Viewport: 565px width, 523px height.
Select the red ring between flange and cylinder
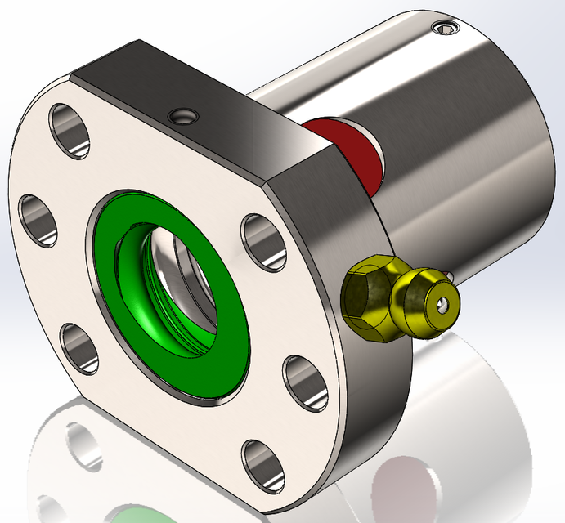click(x=352, y=147)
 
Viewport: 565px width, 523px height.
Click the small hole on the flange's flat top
click(x=182, y=117)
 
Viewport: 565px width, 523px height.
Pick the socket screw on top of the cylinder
click(x=446, y=29)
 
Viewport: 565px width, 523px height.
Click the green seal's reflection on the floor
click(x=135, y=515)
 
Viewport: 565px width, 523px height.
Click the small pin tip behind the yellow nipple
click(x=451, y=275)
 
